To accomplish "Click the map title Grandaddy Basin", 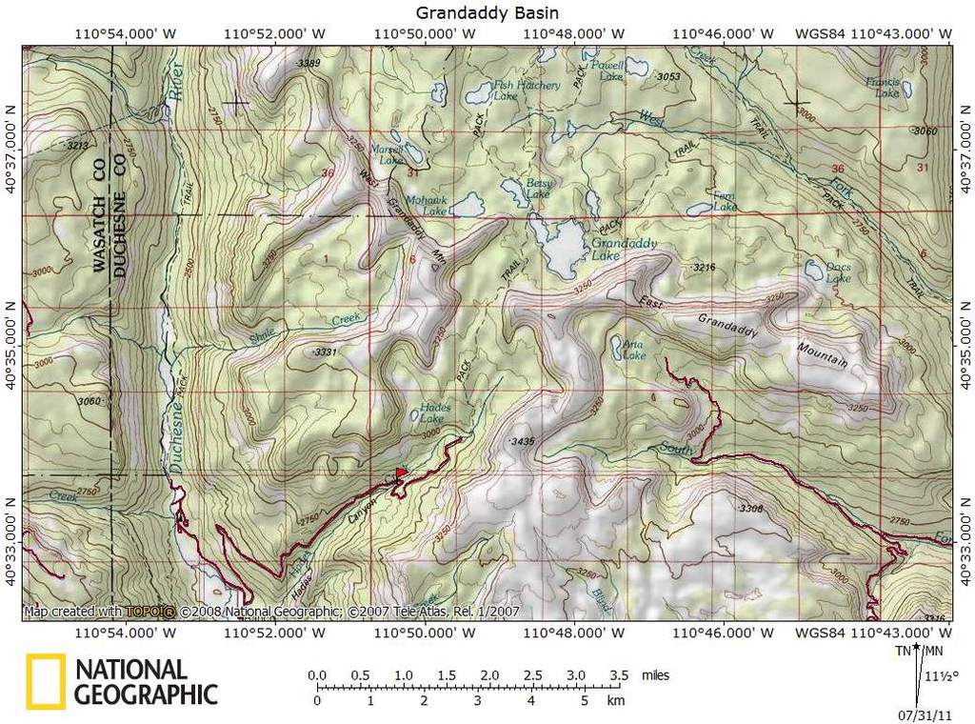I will point(487,12).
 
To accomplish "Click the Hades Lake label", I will point(435,412).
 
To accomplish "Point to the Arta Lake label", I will point(634,350).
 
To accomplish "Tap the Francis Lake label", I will point(883,88).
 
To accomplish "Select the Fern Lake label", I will point(725,201).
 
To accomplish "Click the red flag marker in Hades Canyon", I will point(401,473).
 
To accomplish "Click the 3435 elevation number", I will point(523,442).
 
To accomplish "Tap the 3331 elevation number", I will point(325,352).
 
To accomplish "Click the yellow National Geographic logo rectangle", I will point(46,681).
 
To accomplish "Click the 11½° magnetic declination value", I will point(938,677).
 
